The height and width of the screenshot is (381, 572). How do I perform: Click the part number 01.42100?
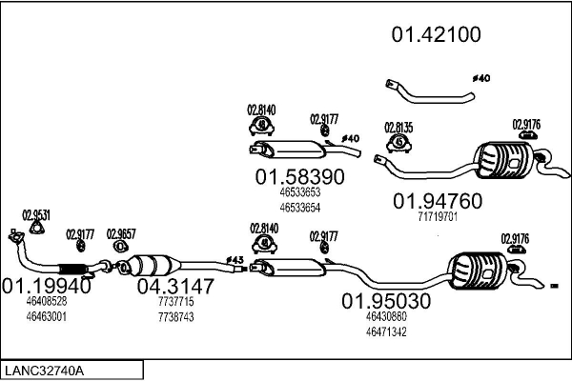click(x=436, y=35)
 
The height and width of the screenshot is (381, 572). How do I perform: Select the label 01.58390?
click(x=299, y=177)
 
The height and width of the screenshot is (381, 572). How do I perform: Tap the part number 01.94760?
click(x=438, y=200)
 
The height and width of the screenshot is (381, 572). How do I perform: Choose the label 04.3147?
click(x=175, y=285)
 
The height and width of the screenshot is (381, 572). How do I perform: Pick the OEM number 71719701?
click(x=438, y=217)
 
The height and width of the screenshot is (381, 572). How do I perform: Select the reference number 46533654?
click(x=299, y=208)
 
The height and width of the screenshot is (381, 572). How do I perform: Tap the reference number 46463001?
click(x=46, y=315)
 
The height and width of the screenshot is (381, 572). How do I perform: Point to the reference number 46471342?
click(x=386, y=331)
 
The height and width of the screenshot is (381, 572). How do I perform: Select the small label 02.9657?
click(x=121, y=233)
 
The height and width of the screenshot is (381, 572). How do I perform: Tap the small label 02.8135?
click(x=398, y=127)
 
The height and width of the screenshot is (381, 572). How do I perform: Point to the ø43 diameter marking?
click(x=235, y=259)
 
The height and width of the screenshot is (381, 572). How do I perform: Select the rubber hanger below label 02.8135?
click(x=399, y=145)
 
